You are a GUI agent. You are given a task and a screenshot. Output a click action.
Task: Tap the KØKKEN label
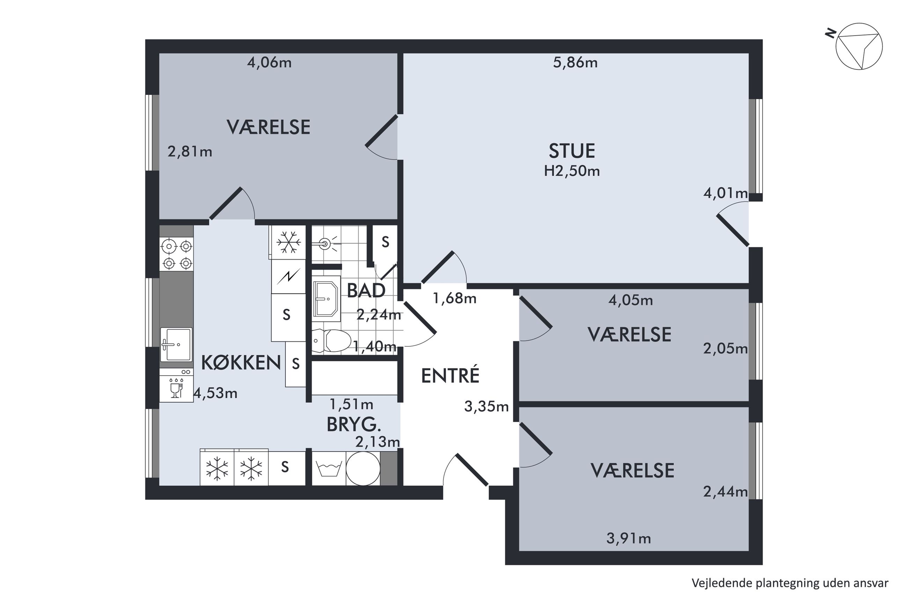tap(241, 363)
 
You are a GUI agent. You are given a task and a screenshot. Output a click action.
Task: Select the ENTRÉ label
tap(450, 375)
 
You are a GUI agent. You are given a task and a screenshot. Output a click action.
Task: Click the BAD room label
tap(366, 290)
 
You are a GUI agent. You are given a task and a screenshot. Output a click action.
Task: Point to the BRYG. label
tap(354, 425)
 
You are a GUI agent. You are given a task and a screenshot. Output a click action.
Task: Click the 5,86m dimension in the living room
tap(575, 62)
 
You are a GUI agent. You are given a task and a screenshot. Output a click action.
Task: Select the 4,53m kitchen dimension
tap(215, 393)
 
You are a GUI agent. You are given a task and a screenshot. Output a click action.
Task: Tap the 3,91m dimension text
tap(628, 538)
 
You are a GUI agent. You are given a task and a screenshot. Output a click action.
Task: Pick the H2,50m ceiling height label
tap(571, 171)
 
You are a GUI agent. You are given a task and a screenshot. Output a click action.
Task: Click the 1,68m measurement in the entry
tap(455, 298)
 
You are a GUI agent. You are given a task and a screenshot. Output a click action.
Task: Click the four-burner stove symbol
tap(177, 254)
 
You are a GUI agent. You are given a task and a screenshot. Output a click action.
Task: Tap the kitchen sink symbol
tap(176, 345)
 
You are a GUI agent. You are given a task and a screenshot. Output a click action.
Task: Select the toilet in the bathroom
tap(331, 341)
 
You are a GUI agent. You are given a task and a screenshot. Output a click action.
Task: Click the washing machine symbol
tap(329, 468)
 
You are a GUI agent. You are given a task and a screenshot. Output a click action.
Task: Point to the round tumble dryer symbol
tap(363, 468)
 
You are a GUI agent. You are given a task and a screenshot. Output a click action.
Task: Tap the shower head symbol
tap(325, 243)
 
